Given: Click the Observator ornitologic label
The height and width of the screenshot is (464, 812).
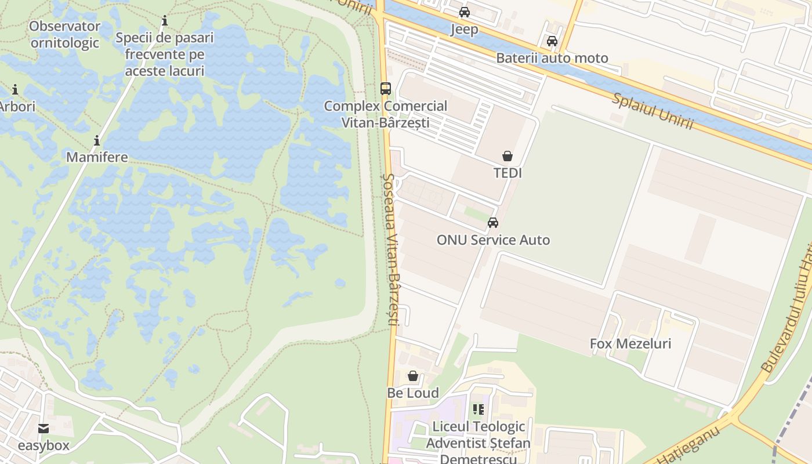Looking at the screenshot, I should [65, 34].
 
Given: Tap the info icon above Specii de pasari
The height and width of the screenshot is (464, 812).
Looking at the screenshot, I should [165, 21].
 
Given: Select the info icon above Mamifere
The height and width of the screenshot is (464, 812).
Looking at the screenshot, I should [97, 140].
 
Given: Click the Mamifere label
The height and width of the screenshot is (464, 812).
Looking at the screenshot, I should [97, 157].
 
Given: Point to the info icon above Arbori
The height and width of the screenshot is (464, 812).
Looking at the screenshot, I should [15, 90].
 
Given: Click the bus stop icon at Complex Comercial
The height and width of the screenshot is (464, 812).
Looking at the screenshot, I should [386, 89].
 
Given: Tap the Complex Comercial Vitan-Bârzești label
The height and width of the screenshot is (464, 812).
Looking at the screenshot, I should [386, 114].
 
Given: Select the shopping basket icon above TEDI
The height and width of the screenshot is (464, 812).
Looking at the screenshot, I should [507, 156].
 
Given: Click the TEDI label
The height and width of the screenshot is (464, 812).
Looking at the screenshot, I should [507, 173].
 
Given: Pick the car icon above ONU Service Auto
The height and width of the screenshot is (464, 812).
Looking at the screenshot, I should [493, 223].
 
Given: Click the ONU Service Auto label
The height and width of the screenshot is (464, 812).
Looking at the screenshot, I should [493, 240].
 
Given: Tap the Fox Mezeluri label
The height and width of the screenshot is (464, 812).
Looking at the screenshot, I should [630, 343].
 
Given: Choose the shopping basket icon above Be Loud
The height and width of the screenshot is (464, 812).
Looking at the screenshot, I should [413, 376].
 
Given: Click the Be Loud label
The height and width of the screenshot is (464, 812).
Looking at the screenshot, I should [413, 393].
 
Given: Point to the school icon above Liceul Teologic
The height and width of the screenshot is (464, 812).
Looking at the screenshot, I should [478, 409].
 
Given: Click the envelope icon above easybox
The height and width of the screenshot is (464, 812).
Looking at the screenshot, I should [43, 429].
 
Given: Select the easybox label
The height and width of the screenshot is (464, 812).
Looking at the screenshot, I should [43, 445].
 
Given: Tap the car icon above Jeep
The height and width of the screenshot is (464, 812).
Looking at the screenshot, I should [465, 12].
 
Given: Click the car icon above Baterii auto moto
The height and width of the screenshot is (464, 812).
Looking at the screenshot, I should [552, 41].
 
